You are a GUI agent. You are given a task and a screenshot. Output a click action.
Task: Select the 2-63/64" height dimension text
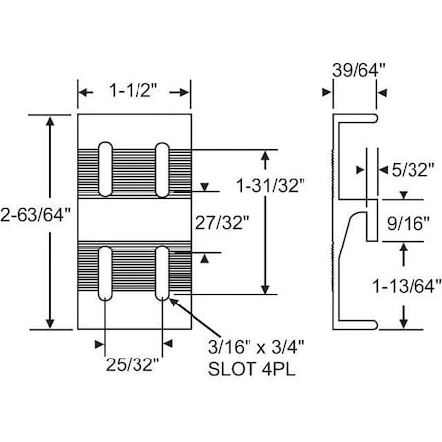(36, 217)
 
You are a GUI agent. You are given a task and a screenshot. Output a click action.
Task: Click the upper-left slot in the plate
(106, 169)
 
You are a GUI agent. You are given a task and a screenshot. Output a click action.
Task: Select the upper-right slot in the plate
(162, 169)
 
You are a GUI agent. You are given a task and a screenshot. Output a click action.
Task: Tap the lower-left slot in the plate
(106, 271)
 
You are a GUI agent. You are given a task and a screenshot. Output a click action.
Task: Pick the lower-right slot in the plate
(162, 271)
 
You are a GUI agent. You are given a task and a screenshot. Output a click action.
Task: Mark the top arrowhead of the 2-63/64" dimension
(50, 118)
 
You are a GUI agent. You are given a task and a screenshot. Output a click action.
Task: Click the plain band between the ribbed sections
(134, 219)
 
